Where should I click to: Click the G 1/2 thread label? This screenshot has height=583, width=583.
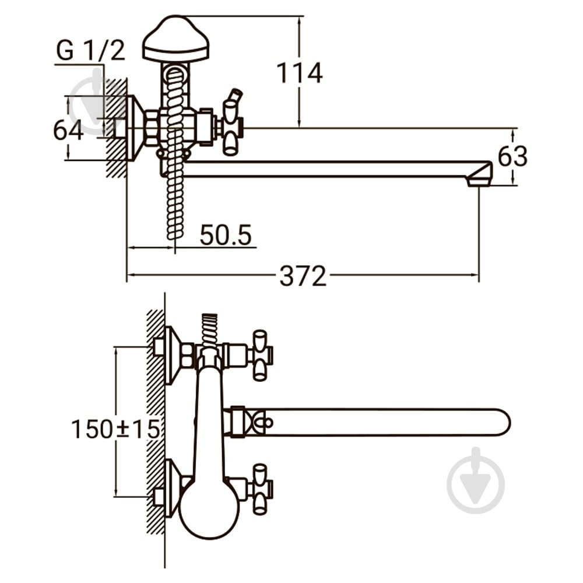coord(90,50)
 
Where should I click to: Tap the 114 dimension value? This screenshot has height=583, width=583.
coord(300,73)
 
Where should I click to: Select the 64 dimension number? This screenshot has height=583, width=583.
coord(68,130)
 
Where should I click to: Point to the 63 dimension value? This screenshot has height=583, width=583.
coord(512,156)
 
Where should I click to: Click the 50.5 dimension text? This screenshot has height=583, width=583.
coord(226,234)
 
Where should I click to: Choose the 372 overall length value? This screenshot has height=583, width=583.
coord(303,276)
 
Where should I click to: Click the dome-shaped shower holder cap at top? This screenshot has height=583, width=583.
coord(176,38)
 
